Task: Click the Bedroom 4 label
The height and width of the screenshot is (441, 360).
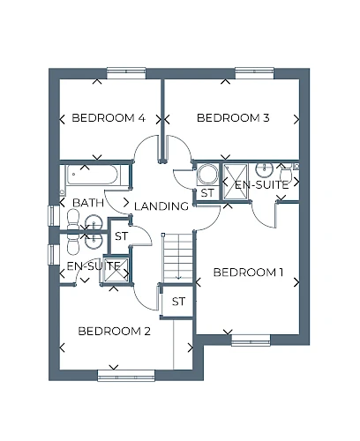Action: click(x=109, y=118)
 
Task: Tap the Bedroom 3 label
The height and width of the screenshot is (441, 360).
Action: click(x=233, y=118)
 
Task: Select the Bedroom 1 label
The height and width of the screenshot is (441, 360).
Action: click(x=248, y=273)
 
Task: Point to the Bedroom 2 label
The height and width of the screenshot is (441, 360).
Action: click(x=115, y=332)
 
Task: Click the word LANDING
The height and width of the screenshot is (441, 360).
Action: click(x=161, y=206)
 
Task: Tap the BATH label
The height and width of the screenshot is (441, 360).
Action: click(x=88, y=203)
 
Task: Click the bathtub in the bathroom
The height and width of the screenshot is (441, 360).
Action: click(x=93, y=175)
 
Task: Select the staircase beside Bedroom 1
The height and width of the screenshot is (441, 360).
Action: click(x=177, y=258)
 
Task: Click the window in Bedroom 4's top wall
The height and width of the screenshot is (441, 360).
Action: click(x=126, y=73)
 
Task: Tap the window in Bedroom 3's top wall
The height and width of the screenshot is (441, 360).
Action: click(x=255, y=73)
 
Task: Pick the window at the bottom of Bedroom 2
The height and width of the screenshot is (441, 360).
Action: click(x=126, y=376)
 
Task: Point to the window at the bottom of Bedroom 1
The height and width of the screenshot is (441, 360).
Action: click(x=251, y=340)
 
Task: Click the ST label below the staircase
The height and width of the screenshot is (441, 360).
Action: click(x=178, y=302)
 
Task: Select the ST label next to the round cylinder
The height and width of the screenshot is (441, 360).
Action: click(x=207, y=193)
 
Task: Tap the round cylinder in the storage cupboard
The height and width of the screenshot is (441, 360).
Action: click(x=207, y=174)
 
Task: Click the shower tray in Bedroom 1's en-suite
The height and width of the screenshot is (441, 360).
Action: click(x=236, y=182)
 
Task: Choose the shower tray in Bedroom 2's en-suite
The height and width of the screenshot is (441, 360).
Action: click(x=116, y=271)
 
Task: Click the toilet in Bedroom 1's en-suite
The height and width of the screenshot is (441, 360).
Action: click(x=285, y=173)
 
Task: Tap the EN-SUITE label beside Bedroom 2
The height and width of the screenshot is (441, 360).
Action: click(x=94, y=266)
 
